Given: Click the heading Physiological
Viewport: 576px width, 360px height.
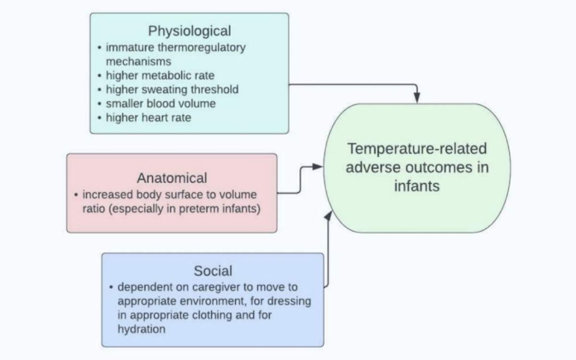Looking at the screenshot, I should [x=189, y=30].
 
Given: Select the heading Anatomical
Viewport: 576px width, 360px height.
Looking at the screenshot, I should [x=172, y=178].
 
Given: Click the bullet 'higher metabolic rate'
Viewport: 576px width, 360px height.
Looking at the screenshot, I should [x=160, y=75].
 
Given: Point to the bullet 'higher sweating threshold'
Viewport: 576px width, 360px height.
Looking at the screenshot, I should [x=172, y=89].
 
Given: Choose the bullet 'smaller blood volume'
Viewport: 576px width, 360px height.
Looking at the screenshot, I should [x=161, y=103].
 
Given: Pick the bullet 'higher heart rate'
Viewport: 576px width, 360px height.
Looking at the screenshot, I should [x=148, y=117].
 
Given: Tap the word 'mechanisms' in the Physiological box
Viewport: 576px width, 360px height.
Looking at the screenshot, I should [x=138, y=61].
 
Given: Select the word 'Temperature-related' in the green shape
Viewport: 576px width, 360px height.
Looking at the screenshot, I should [x=417, y=149].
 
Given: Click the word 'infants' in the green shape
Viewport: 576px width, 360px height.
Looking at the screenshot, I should [x=417, y=186].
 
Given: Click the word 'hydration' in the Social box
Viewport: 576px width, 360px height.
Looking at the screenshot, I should [x=141, y=329].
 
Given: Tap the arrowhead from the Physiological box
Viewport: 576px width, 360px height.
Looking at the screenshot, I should [x=417, y=98].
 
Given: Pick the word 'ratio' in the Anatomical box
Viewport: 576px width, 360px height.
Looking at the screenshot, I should [x=94, y=209].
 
